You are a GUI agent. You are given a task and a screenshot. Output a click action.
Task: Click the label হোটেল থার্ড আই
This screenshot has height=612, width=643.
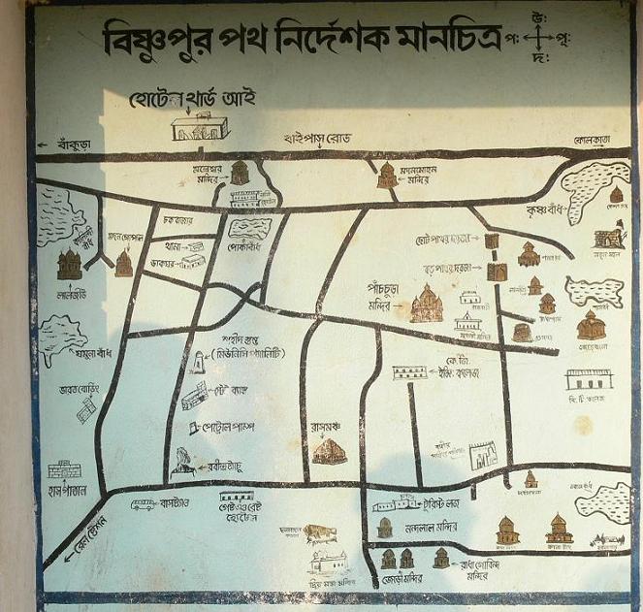click(x=192, y=99)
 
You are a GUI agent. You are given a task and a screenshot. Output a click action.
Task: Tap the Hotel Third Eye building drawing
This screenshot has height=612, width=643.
click(x=199, y=127)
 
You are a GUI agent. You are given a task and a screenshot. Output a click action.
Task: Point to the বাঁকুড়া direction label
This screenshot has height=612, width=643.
click(x=72, y=144)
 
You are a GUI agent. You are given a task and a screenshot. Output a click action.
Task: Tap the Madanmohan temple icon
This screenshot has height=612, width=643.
click(x=387, y=175)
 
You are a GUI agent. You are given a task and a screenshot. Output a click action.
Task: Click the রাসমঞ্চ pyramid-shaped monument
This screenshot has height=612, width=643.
click(x=329, y=450)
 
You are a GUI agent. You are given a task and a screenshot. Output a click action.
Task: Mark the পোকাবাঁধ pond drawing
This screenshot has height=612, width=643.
click(x=249, y=229)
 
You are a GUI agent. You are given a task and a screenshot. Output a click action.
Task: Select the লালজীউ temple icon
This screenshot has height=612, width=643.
click(x=69, y=263)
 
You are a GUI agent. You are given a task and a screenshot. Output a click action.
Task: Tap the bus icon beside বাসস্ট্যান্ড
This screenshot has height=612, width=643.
click(x=144, y=504)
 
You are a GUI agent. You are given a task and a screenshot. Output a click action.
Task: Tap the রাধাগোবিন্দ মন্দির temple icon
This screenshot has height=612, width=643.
click(x=441, y=558)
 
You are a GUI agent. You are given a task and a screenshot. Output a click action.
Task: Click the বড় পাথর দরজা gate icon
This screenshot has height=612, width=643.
click(x=498, y=272)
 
